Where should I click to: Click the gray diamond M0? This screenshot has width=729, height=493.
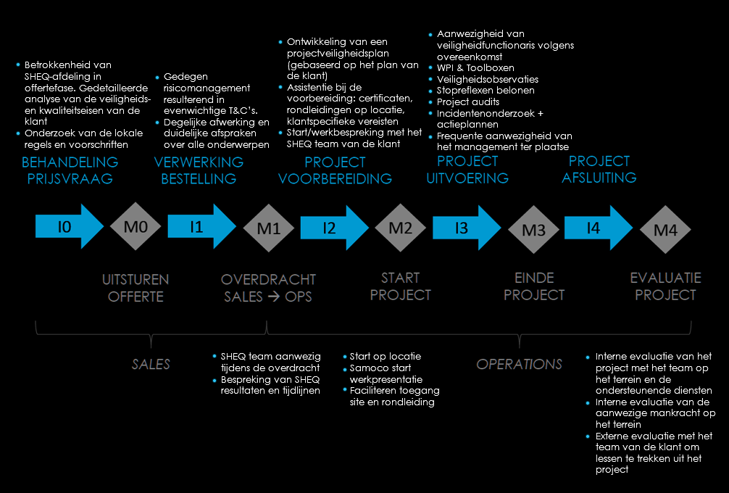(136, 227)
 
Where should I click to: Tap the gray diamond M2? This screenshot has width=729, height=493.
(401, 228)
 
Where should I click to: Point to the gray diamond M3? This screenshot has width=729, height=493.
(533, 230)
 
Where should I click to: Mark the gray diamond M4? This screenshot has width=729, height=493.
(666, 230)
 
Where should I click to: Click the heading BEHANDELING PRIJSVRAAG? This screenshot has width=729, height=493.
(70, 170)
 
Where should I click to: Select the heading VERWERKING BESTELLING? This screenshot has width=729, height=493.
(199, 170)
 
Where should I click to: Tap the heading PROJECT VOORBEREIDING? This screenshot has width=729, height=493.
(335, 170)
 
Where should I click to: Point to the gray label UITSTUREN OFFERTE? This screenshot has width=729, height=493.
(136, 287)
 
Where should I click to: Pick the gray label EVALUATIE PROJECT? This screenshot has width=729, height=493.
(665, 286)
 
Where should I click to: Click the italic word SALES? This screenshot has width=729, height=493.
(151, 364)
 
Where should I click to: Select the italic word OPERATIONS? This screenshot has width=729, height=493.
(519, 364)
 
